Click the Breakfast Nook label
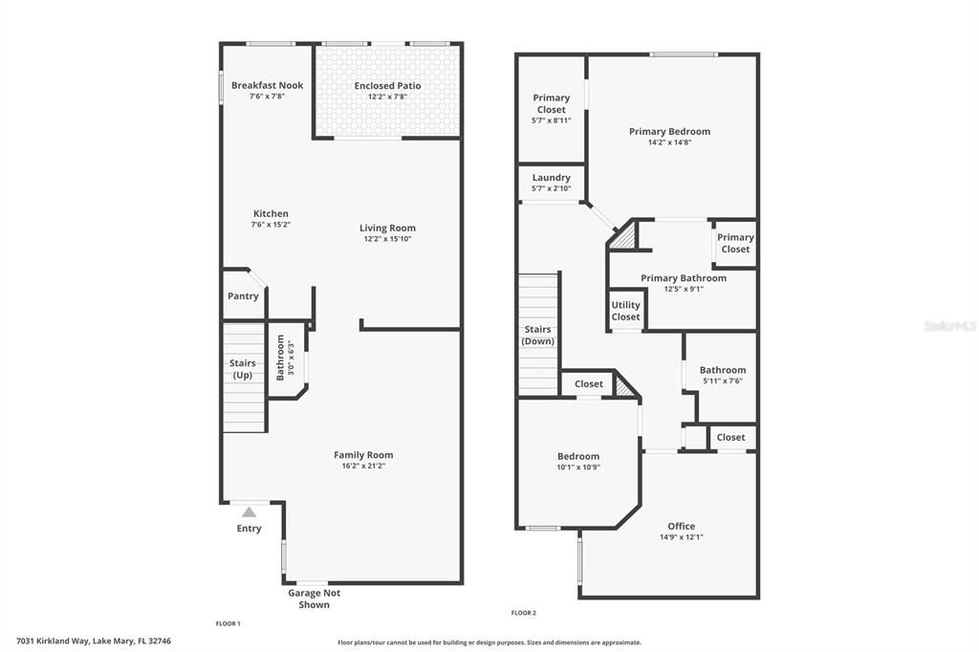[267, 85]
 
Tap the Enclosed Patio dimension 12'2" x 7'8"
[387, 97]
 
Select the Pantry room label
[243, 296]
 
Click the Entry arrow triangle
[249, 512]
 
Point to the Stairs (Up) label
[242, 368]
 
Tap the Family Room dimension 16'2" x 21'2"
[363, 467]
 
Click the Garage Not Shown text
[314, 598]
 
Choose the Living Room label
[387, 228]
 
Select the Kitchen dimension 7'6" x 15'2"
[271, 225]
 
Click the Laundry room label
[552, 177]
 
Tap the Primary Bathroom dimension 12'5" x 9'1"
[684, 289]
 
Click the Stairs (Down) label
[538, 336]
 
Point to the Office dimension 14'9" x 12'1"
[682, 537]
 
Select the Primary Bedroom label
[669, 131]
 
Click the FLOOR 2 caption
[524, 613]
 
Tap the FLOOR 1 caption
[228, 623]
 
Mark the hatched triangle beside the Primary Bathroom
[622, 236]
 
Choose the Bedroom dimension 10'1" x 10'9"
[578, 467]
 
